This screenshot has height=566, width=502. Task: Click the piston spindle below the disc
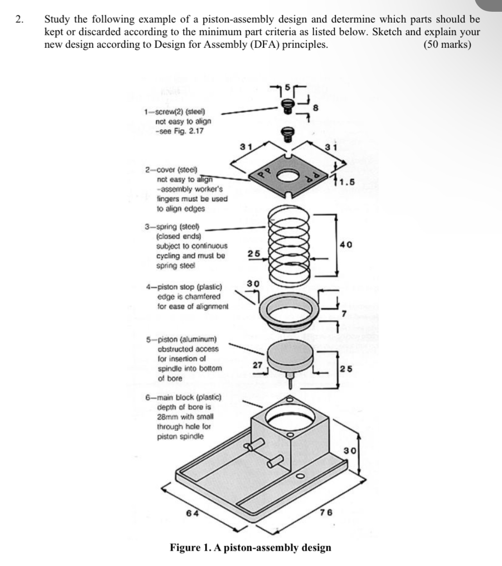pos(290,381)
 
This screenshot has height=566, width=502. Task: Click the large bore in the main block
pos(290,417)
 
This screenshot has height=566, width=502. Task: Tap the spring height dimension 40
pos(346,245)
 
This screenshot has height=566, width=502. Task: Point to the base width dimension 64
pos(192,513)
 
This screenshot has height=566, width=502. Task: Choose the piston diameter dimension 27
pos(257,365)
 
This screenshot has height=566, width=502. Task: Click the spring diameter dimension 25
pos(254,253)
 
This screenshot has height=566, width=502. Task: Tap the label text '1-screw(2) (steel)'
pos(174,112)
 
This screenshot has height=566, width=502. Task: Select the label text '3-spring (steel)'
pos(172,227)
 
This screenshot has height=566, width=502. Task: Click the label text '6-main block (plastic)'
pos(183,398)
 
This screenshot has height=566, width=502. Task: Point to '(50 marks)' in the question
pos(447,45)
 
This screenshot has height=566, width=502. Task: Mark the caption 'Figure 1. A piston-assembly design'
pos(250,547)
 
